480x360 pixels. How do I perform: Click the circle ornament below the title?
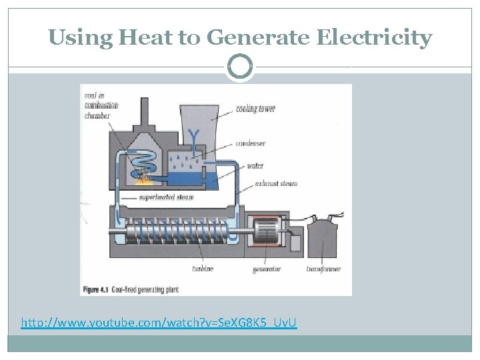coord(240,67)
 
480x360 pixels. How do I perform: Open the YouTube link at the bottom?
coord(159,323)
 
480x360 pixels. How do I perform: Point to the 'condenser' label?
coord(250,143)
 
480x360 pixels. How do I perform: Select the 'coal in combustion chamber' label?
coord(101,105)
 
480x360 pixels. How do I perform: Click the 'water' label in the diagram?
coord(255,166)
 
